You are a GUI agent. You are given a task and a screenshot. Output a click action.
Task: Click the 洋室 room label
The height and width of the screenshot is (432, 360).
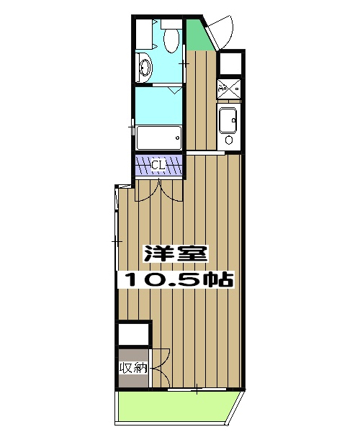pos(176,254)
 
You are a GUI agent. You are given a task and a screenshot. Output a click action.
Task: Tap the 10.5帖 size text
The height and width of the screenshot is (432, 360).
pos(176,279)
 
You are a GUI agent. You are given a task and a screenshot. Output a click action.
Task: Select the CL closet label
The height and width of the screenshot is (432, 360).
pos(159,166)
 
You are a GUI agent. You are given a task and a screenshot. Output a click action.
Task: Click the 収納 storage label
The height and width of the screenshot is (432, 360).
pos(134,368)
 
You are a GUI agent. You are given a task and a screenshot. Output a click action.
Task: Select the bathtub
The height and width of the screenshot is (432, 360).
pos(158,138)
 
